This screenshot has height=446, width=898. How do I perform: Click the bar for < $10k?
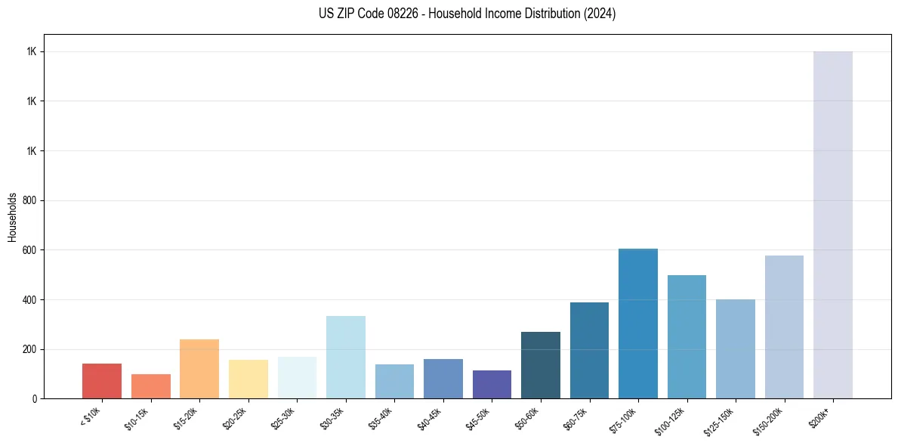coord(102,381)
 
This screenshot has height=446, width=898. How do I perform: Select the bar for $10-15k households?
coord(150,386)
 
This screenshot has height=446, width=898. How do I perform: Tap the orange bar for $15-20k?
coord(199,369)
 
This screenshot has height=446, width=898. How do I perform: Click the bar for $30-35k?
coord(345,357)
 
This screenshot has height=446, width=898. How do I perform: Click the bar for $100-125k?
coord(687,336)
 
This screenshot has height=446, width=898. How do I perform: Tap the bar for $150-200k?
coord(784,327)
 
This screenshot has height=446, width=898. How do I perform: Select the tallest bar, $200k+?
coord(832,225)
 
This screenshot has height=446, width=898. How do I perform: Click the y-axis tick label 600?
coord(29,250)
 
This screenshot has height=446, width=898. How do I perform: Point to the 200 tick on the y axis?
coord(29,349)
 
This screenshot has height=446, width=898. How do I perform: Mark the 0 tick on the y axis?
coord(35,398)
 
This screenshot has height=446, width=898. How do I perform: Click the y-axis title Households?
coord(13,217)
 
